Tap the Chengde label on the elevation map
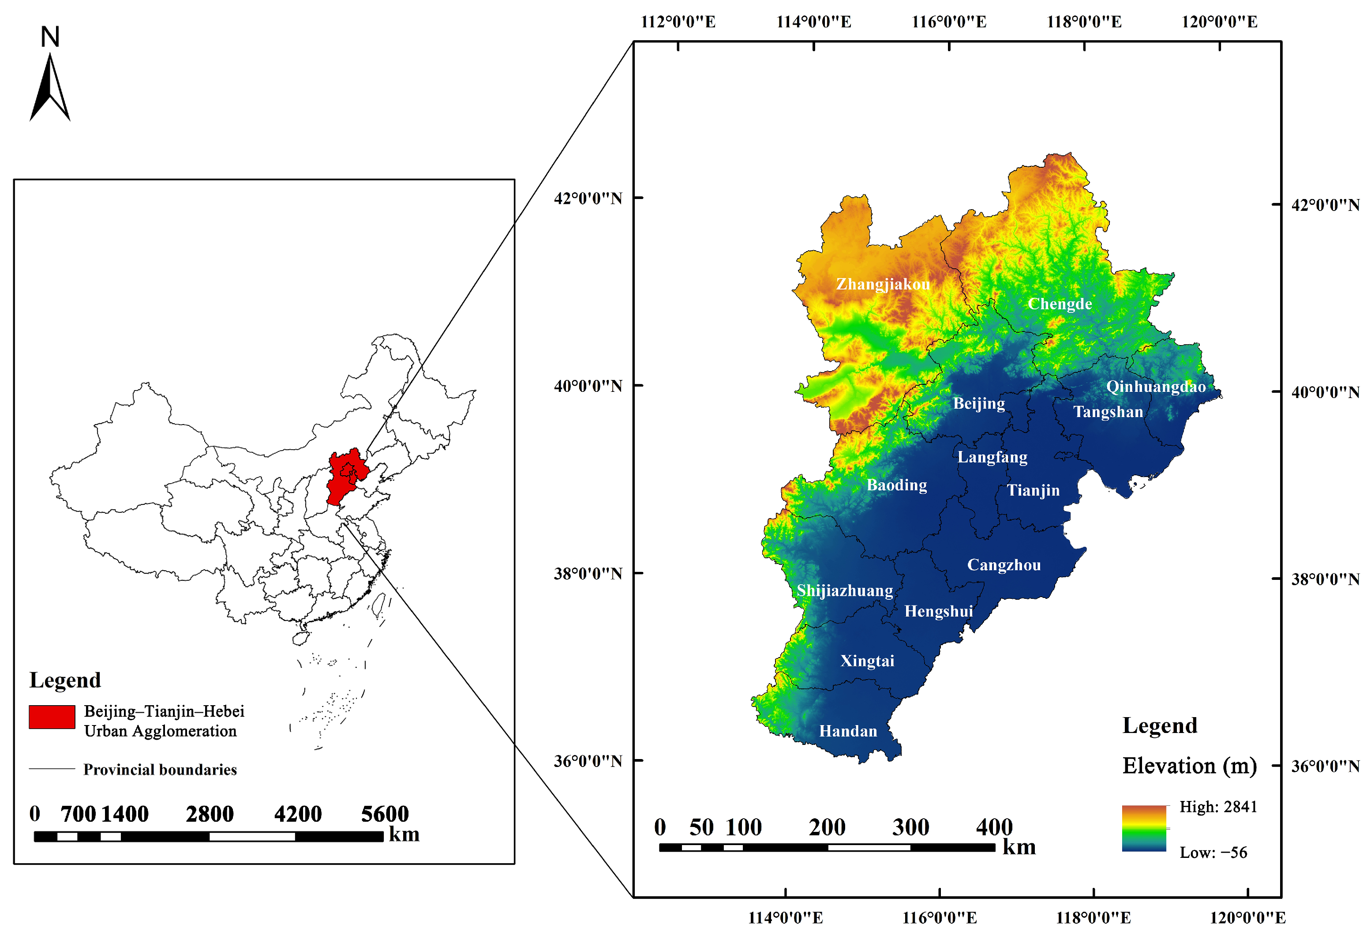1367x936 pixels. tap(1060, 304)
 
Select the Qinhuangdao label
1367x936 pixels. tap(1155, 387)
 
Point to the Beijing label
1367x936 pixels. tap(979, 404)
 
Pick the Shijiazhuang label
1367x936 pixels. tap(844, 590)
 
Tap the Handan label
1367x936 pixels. tap(848, 731)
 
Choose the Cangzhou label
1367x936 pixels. tap(1004, 565)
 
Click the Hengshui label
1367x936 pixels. tap(938, 611)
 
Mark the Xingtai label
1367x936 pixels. tap(867, 661)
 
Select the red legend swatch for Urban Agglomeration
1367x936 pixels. tap(52, 717)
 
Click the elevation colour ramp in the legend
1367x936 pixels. tap(1143, 828)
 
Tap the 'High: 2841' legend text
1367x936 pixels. tap(1217, 807)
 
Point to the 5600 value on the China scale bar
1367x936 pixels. tap(385, 814)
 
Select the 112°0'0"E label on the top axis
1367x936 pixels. tap(678, 22)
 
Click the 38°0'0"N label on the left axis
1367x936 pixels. tap(588, 574)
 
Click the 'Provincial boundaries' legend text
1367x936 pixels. tap(160, 770)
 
